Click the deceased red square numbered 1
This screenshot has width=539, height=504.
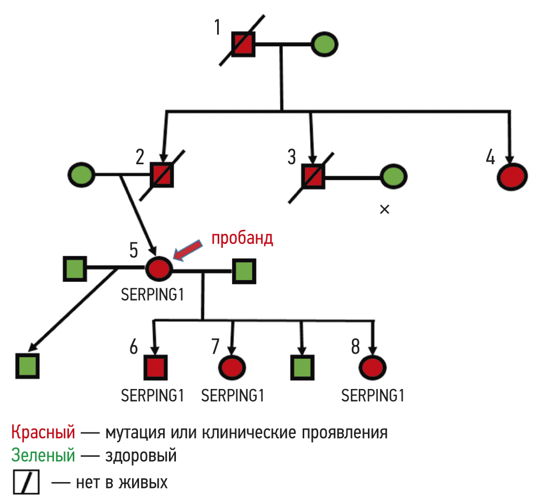tap(243, 44)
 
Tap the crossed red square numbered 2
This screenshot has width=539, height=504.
tap(162, 175)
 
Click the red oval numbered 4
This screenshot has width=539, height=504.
tap(512, 177)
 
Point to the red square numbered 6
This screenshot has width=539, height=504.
tap(156, 367)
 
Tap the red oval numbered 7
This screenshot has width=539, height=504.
tap(232, 367)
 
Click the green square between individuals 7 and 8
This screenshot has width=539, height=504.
tap(302, 367)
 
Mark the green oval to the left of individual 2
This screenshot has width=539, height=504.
tap(82, 174)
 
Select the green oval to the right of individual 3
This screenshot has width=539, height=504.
tap(393, 176)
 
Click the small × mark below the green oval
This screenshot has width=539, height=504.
tap(384, 210)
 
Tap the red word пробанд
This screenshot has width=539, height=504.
tap(242, 239)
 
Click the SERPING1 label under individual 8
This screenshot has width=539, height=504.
tap(373, 396)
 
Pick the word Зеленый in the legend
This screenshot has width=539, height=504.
tap(43, 456)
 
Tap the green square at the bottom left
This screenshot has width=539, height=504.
tap(27, 365)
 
